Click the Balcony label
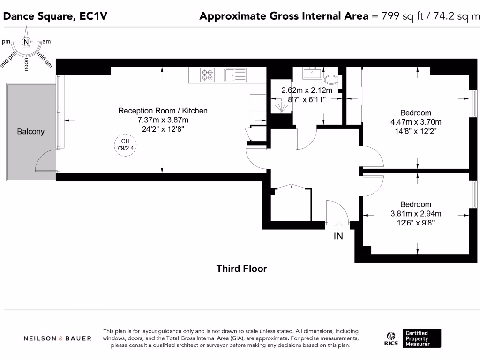(30, 132)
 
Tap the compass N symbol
(27, 42)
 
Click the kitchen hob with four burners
(208, 75)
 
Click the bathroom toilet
(332, 79)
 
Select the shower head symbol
(280, 107)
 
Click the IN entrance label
(338, 236)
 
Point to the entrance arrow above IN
(338, 226)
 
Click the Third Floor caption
(241, 269)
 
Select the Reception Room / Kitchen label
(163, 111)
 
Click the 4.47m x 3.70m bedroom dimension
(415, 122)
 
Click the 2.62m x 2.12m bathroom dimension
(307, 90)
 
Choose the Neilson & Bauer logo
(58, 338)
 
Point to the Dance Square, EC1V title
(55, 16)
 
